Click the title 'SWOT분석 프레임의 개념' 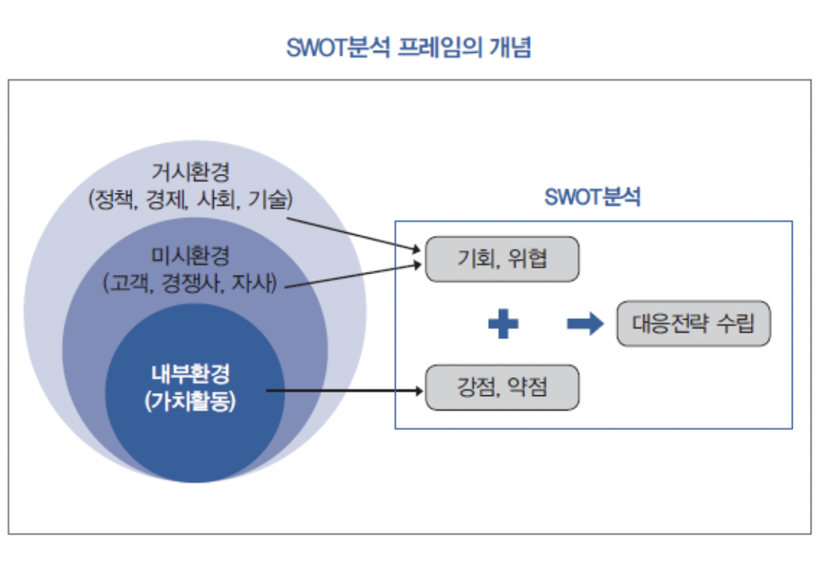coord(409,48)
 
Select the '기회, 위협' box coord(501,259)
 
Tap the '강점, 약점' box coord(501,387)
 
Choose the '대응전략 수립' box coord(693,324)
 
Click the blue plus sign coord(503,324)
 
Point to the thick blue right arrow coord(585,324)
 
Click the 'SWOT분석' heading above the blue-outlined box coord(592,198)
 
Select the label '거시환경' coord(190,172)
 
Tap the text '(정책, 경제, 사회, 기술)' coord(190,200)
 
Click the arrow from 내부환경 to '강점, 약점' coord(345,390)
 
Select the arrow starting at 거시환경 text coord(355,234)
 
